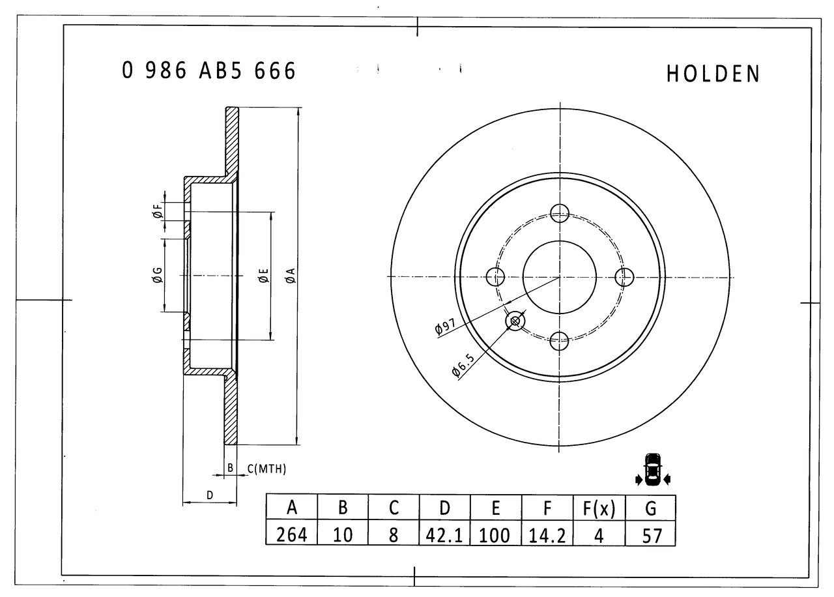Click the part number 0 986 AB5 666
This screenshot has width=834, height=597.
click(208, 70)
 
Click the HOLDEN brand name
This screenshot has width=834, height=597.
click(713, 74)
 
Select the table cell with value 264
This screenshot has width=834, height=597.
click(292, 535)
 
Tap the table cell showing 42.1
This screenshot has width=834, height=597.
click(444, 535)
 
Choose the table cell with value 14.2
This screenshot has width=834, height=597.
click(547, 535)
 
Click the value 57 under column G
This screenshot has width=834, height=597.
click(651, 535)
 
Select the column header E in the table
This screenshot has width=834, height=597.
click(496, 508)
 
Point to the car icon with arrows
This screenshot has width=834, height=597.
click(652, 469)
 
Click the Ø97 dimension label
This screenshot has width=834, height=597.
click(448, 327)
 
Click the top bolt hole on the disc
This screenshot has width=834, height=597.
click(560, 212)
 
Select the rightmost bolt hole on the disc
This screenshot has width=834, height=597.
click(624, 277)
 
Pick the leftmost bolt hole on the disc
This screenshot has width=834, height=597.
click(496, 277)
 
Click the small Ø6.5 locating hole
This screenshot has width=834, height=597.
click(515, 321)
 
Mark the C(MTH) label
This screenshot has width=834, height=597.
click(266, 469)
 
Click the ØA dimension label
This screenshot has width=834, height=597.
click(291, 276)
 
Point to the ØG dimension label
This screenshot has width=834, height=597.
click(157, 276)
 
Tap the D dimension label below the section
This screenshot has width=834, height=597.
click(210, 495)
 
